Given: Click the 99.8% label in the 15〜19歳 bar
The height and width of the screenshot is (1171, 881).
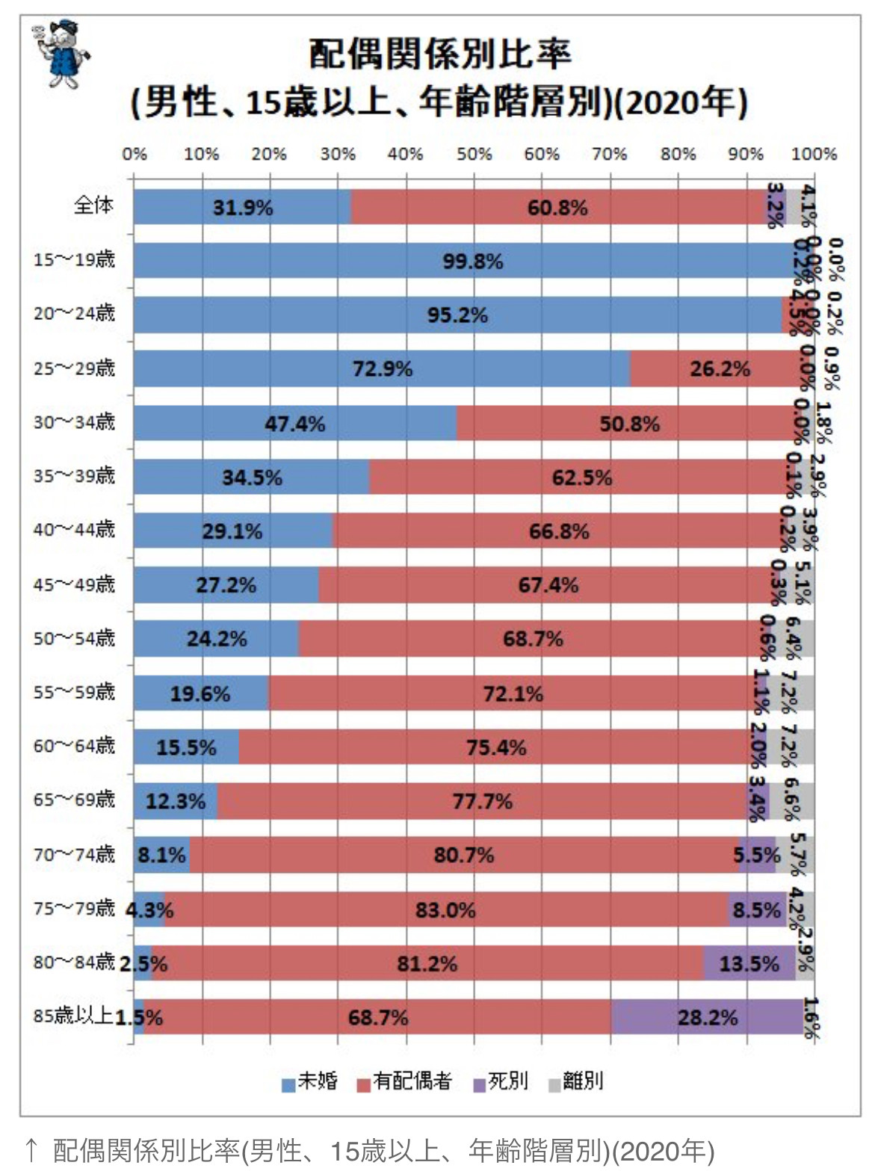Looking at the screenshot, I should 472,262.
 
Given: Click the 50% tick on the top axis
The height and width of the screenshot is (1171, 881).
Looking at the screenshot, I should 474,155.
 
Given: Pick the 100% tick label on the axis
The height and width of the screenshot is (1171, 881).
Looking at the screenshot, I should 814,155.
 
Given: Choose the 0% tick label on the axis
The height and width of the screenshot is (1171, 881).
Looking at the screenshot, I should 135,155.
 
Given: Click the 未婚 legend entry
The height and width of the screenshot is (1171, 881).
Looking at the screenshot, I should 309,1081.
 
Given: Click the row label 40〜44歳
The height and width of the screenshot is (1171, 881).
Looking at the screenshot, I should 74,530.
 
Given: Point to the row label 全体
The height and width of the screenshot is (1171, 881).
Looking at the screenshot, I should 93,205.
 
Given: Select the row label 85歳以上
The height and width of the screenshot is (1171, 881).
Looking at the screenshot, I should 72,1016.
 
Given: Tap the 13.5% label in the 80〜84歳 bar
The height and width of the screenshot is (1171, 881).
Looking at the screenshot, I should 748,963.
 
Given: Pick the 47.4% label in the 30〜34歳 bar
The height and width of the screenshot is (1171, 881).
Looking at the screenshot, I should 294,424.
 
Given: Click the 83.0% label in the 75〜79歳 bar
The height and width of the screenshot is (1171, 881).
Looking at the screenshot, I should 445,909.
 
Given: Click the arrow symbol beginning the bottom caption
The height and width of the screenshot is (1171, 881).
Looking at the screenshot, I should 31,1149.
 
